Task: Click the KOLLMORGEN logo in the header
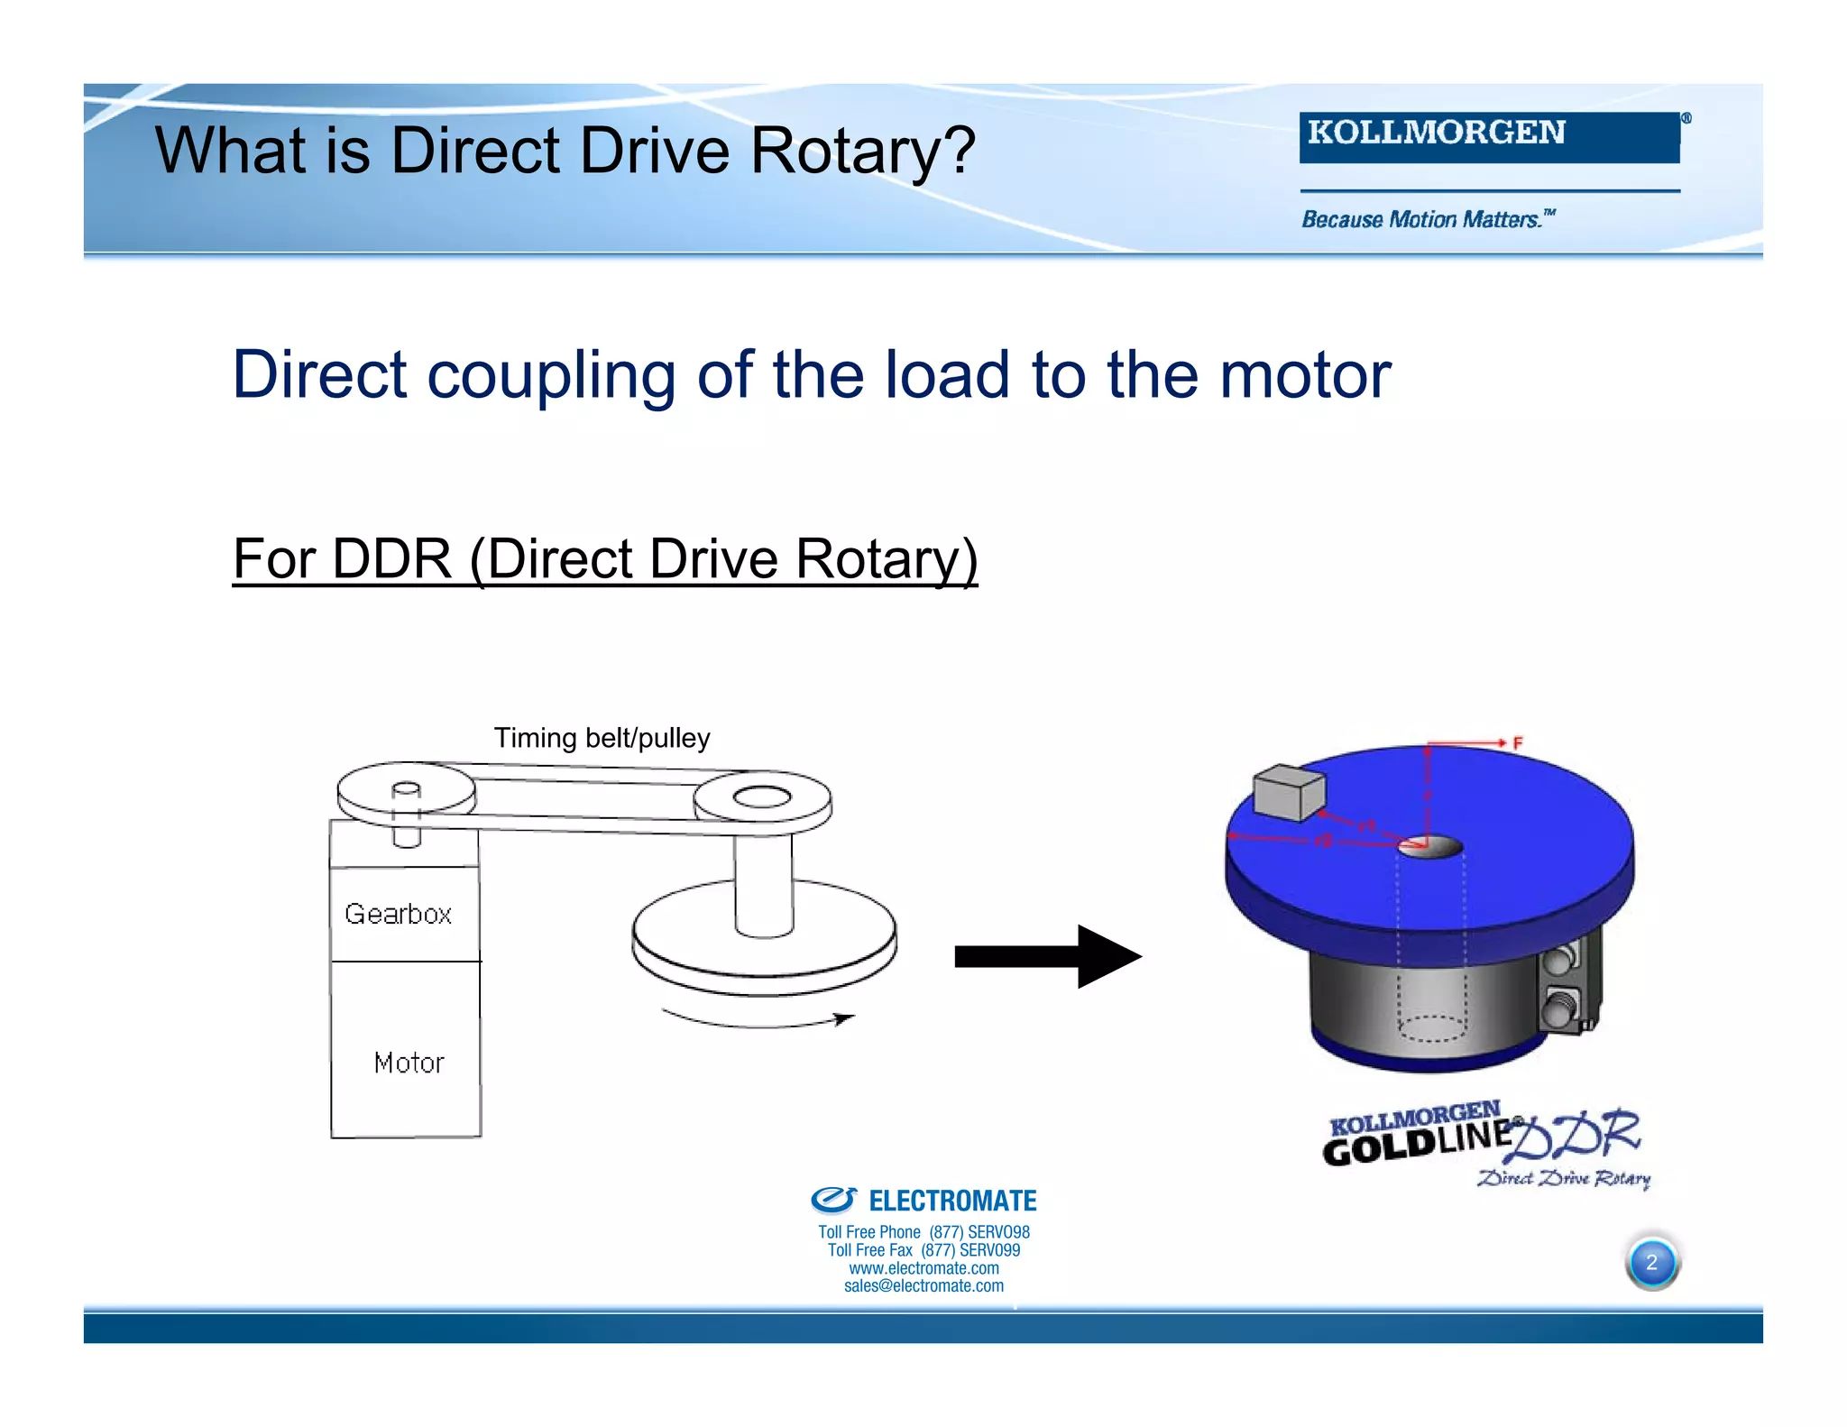(1488, 136)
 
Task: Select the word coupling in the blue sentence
(551, 374)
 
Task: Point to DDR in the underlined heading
(391, 558)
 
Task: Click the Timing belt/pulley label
(602, 738)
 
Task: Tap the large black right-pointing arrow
(1048, 956)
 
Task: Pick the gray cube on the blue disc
(1289, 792)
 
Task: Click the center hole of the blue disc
(1429, 847)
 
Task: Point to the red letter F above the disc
(1518, 743)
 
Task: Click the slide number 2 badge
(1651, 1262)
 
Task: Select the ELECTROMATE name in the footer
(951, 1201)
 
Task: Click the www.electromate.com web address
(923, 1268)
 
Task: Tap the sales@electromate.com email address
(923, 1286)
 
